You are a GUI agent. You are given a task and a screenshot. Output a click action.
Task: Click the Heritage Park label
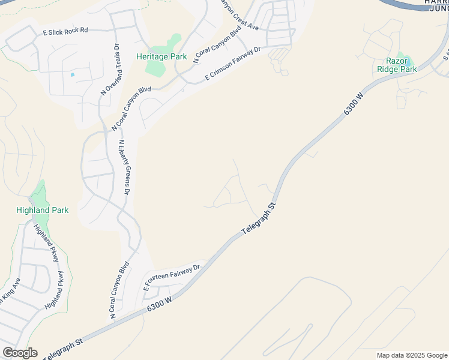pos(161,57)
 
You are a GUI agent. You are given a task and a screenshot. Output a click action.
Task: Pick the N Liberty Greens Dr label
pos(124,167)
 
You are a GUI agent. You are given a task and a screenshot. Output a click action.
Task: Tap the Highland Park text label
pos(42,210)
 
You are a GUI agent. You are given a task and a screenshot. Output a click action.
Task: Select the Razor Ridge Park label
pos(396,65)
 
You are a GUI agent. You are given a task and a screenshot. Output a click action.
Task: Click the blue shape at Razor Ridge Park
pos(406,60)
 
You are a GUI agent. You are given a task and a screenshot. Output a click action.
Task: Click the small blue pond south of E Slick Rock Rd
pos(72,74)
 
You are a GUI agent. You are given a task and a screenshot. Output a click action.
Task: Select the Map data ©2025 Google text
pos(412,355)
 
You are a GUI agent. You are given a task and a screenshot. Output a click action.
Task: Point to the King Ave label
pos(11,290)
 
